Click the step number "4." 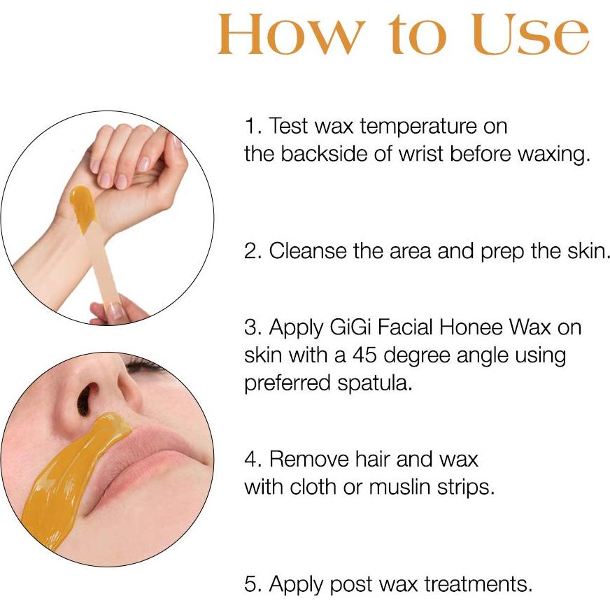[252, 460]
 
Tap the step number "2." [252, 250]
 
